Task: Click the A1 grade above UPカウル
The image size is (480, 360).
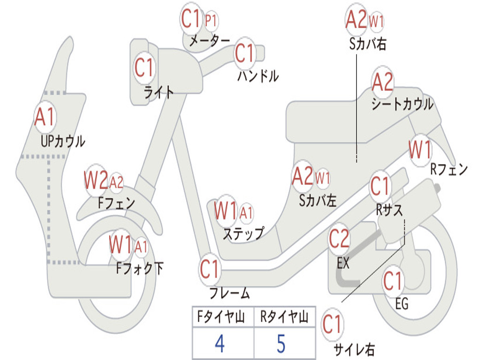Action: pyautogui.click(x=45, y=117)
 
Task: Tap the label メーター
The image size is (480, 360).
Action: pyautogui.click(x=209, y=40)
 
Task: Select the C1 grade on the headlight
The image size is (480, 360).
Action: pyautogui.click(x=143, y=67)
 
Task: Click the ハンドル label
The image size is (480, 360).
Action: pyautogui.click(x=258, y=75)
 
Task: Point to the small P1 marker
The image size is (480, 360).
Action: pyautogui.click(x=210, y=21)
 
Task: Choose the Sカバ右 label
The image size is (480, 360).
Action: pyautogui.click(x=367, y=44)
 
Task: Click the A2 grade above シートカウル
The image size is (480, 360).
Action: pyautogui.click(x=382, y=82)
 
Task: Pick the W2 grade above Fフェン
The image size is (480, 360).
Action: pyautogui.click(x=96, y=180)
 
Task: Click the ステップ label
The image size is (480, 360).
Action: pyautogui.click(x=243, y=233)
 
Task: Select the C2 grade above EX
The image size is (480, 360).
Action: pyautogui.click(x=338, y=239)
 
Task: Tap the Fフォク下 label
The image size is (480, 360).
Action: pyautogui.click(x=140, y=268)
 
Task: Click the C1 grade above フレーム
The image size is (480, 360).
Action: pyautogui.click(x=209, y=269)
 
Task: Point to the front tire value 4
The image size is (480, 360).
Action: pyautogui.click(x=220, y=344)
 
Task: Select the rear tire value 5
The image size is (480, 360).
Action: pyautogui.click(x=281, y=344)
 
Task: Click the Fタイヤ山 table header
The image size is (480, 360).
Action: pyautogui.click(x=221, y=316)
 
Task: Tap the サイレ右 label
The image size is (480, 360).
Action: pyautogui.click(x=354, y=349)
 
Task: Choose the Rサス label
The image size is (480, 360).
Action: pyautogui.click(x=389, y=210)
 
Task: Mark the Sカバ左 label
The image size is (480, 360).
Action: pyautogui.click(x=317, y=201)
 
